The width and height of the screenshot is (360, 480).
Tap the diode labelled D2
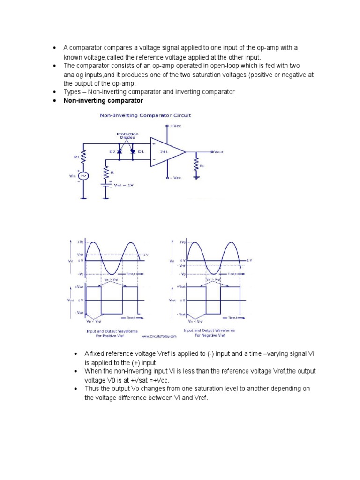[120, 152]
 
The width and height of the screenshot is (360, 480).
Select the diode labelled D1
[133, 152]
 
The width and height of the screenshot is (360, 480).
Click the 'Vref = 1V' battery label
[124, 185]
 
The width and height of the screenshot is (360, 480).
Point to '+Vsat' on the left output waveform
[79, 286]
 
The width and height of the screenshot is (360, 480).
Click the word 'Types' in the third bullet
[72, 92]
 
